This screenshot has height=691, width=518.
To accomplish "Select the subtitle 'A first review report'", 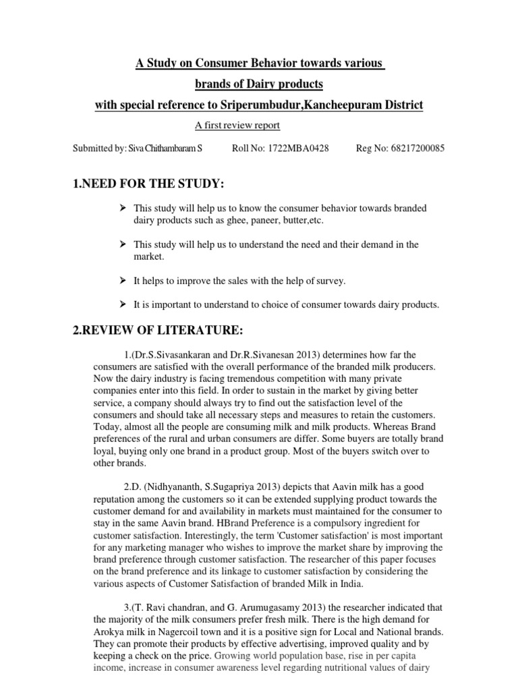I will pyautogui.click(x=237, y=126).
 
